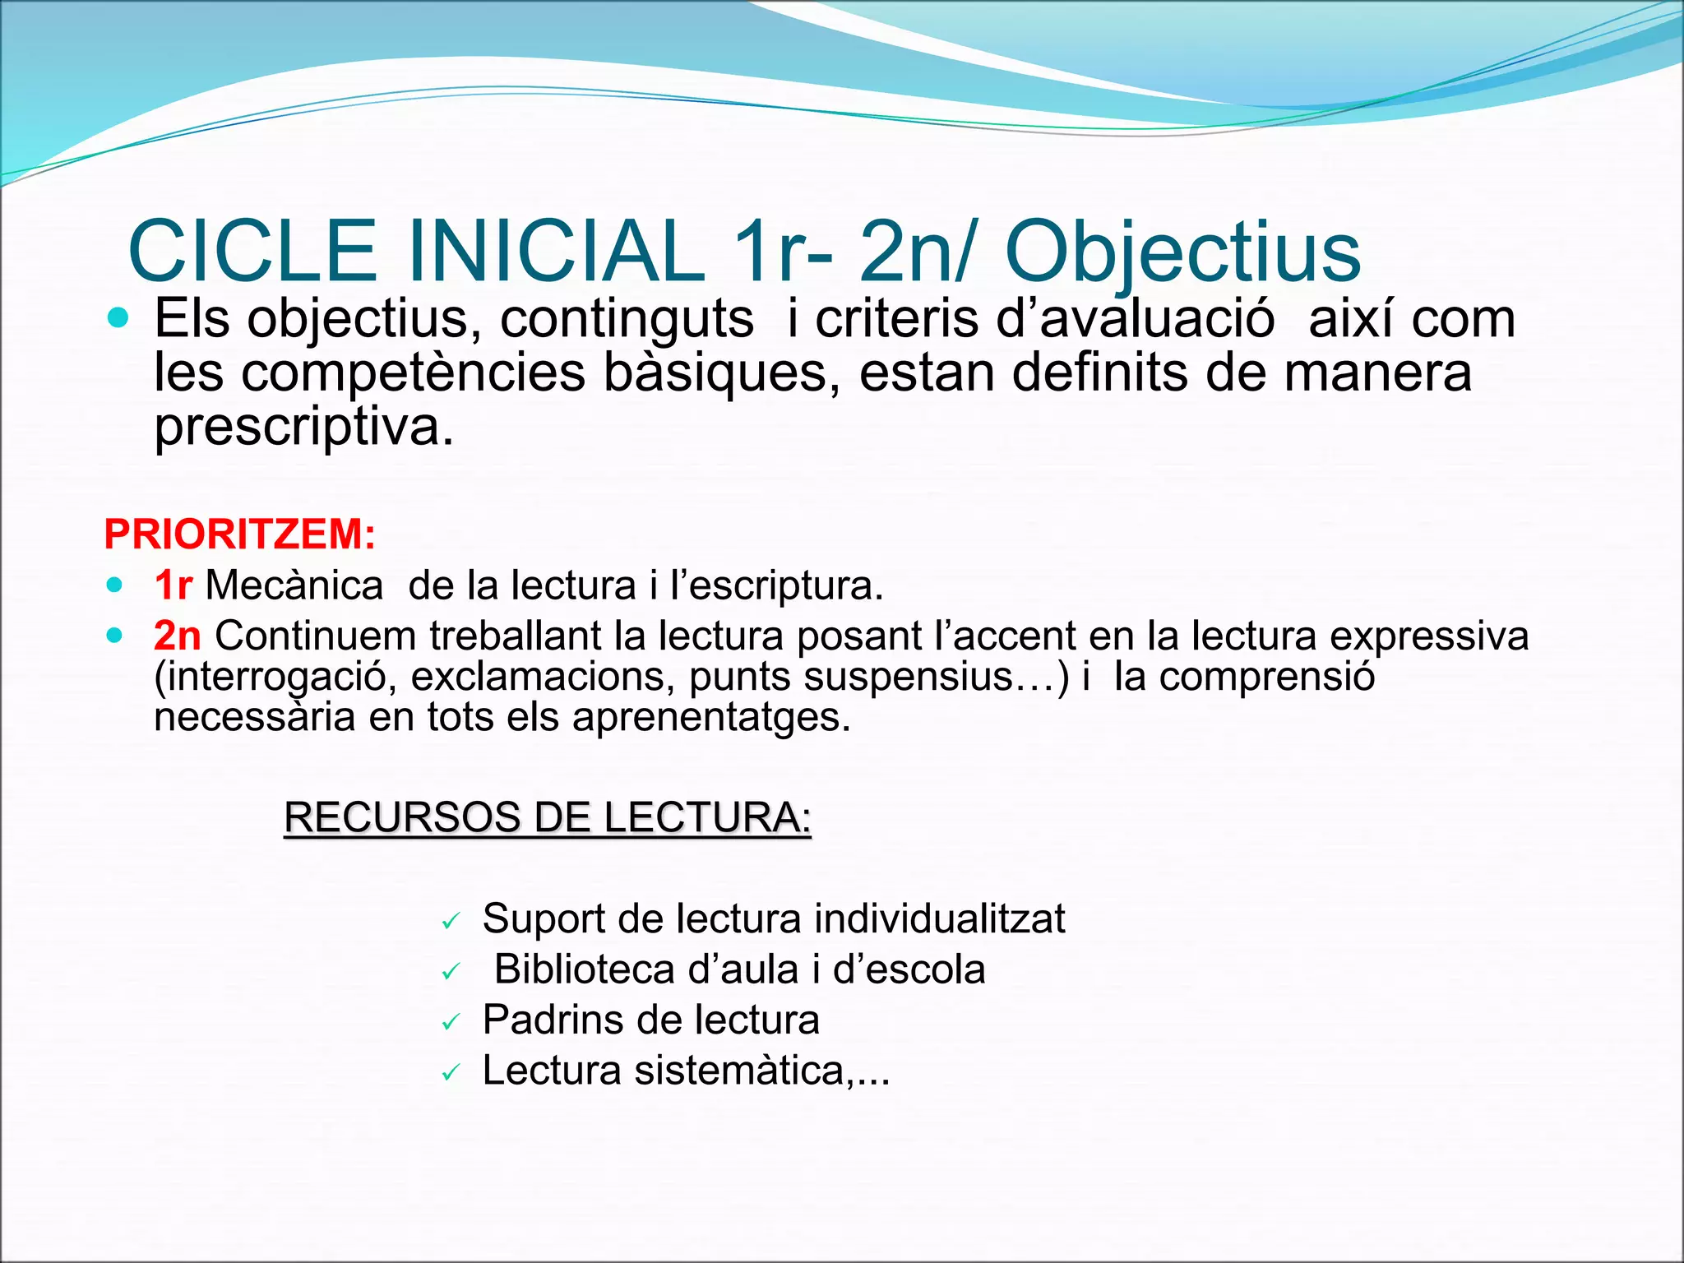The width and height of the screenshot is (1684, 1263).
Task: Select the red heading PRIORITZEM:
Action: point(239,534)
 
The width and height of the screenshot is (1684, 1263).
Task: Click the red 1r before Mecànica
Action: point(173,585)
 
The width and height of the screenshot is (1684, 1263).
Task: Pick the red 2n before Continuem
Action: point(177,636)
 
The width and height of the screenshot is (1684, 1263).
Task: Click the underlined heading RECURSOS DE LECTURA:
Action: point(548,817)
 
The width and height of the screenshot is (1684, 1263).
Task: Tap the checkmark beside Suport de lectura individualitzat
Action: point(450,922)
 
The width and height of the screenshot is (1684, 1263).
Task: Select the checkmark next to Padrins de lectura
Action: point(450,1023)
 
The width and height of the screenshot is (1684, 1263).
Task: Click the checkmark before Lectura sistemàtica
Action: point(450,1073)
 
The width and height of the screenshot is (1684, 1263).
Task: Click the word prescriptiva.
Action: point(303,428)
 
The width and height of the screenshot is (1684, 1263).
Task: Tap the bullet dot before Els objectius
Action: point(118,318)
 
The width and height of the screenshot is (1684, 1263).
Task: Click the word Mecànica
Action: point(294,585)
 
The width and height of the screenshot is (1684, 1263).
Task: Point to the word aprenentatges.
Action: point(711,717)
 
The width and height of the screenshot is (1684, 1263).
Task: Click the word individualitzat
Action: point(939,918)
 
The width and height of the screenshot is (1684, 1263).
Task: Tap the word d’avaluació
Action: point(1136,319)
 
